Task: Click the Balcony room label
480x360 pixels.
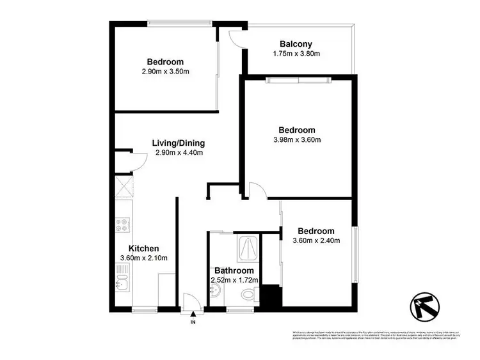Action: click(296, 44)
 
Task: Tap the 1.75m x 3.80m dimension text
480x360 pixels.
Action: click(296, 54)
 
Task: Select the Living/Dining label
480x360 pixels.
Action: click(178, 143)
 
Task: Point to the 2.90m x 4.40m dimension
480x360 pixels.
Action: click(178, 153)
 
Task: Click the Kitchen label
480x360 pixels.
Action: click(144, 248)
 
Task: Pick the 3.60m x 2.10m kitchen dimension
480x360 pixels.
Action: click(144, 258)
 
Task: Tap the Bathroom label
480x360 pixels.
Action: click(234, 270)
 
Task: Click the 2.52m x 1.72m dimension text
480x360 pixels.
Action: click(234, 280)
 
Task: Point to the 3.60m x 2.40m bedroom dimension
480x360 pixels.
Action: click(316, 241)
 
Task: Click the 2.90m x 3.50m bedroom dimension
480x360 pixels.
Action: click(166, 72)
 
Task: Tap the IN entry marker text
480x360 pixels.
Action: click(193, 322)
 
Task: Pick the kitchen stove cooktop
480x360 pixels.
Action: click(122, 224)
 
